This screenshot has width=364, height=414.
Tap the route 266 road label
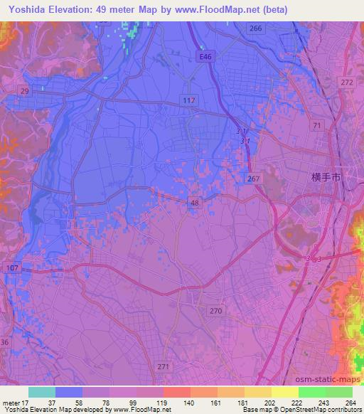click(257, 28)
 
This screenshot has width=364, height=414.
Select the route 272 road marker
click(347, 83)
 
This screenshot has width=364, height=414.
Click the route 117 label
click(188, 101)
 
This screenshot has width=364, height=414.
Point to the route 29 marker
click(25, 92)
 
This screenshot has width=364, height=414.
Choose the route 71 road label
click(317, 125)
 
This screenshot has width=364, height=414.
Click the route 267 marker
click(255, 179)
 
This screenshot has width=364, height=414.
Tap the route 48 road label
click(196, 203)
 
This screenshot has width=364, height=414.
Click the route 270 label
click(216, 310)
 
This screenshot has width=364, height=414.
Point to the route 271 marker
click(162, 366)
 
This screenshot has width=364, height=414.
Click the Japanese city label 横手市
click(331, 177)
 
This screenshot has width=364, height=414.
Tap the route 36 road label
click(4, 343)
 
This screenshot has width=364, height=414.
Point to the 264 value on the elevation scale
click(350, 403)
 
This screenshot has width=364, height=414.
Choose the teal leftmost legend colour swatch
click(42, 392)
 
